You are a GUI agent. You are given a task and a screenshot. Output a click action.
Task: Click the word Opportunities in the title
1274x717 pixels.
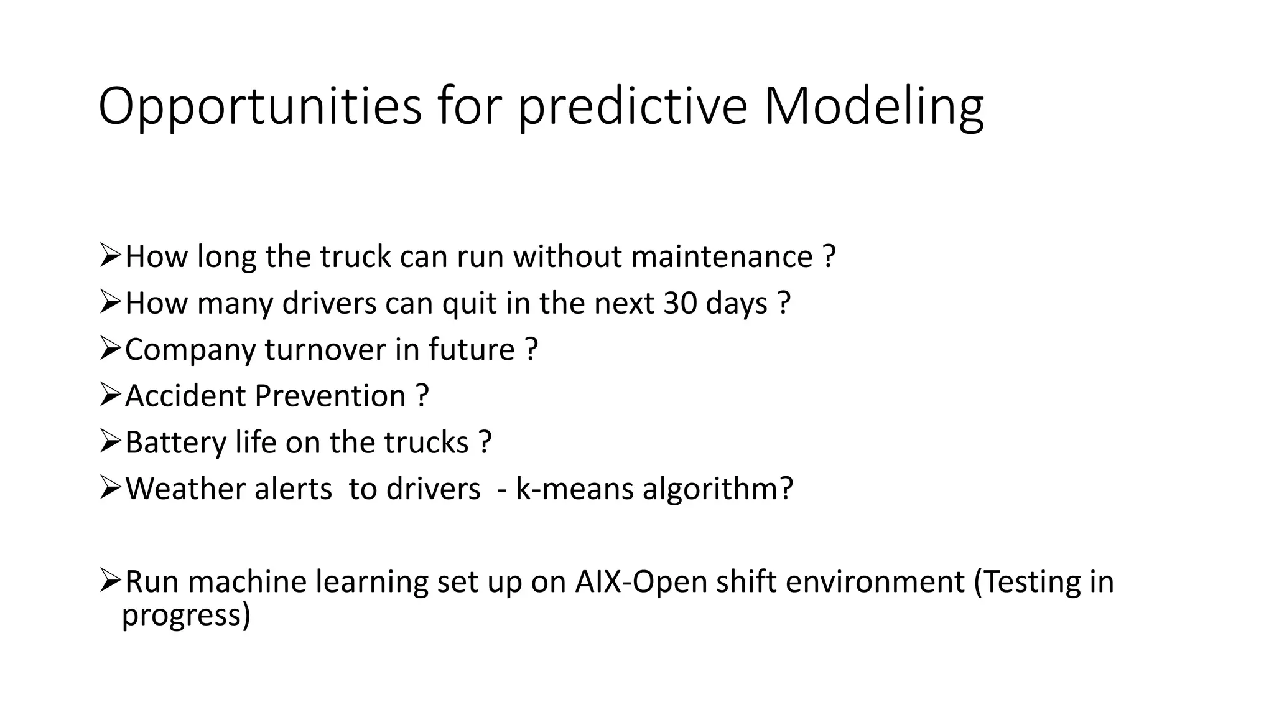(x=260, y=107)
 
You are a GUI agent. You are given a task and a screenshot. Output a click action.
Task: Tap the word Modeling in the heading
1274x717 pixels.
(x=873, y=107)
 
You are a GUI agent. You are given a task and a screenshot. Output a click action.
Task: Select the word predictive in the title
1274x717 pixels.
(x=632, y=107)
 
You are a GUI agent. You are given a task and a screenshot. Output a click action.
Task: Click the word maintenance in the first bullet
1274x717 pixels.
(x=722, y=257)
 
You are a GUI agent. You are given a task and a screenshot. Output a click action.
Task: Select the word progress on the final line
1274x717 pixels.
(x=185, y=615)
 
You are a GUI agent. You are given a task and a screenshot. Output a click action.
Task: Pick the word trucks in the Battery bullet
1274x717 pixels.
(x=426, y=443)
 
